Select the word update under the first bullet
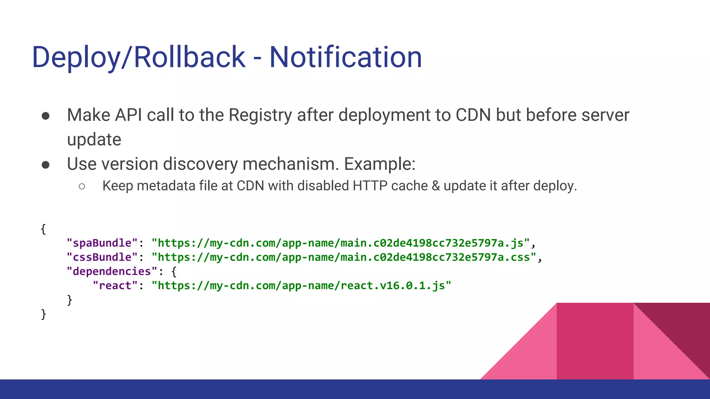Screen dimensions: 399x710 coord(94,140)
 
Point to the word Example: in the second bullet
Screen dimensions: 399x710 coord(380,164)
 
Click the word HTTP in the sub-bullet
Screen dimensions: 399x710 coord(370,186)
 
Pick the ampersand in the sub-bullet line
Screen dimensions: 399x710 coord(436,186)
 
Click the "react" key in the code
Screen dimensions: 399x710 coord(115,286)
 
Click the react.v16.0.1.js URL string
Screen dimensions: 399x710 coord(301,286)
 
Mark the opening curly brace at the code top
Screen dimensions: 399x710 coord(43,229)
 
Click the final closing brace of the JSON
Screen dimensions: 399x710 coord(43,314)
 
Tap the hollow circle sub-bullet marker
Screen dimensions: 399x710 coord(82,187)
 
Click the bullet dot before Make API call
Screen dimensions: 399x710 coord(45,116)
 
